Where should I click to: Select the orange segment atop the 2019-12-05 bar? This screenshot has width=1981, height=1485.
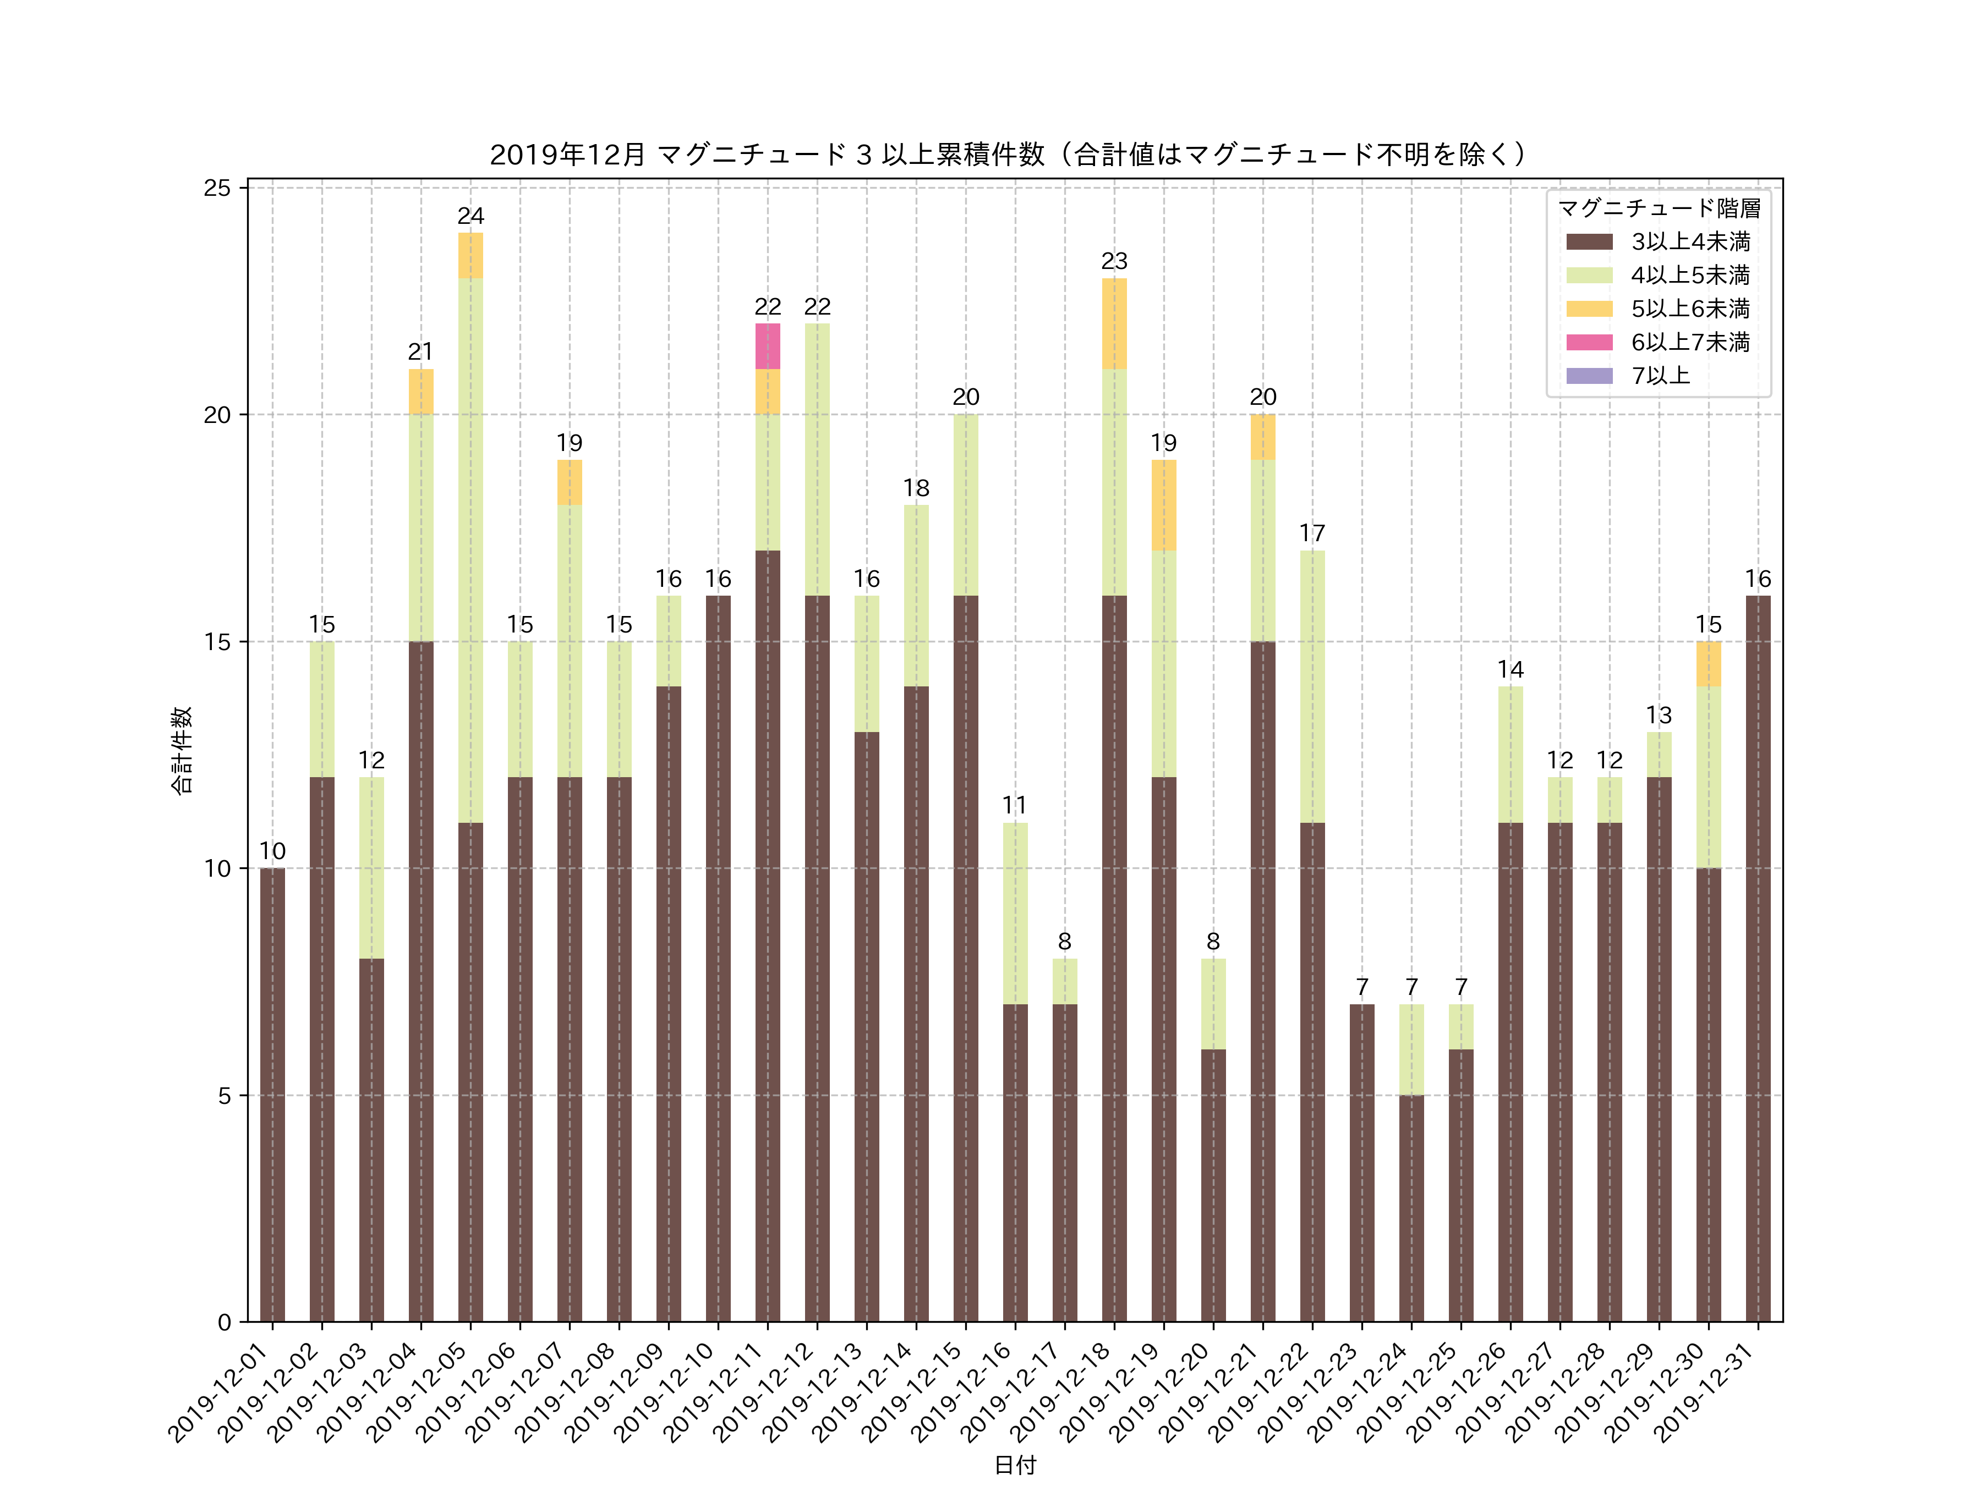tap(470, 255)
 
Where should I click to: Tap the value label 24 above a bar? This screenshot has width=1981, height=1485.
tap(470, 216)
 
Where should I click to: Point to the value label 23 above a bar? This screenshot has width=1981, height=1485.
tap(1114, 261)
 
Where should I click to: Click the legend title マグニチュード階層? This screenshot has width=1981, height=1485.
tap(1659, 208)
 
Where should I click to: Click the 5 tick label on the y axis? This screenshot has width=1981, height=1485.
tap(224, 1096)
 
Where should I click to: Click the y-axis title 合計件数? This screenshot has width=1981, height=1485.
tap(182, 750)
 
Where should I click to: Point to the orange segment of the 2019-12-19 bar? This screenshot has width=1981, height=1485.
tap(1163, 505)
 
